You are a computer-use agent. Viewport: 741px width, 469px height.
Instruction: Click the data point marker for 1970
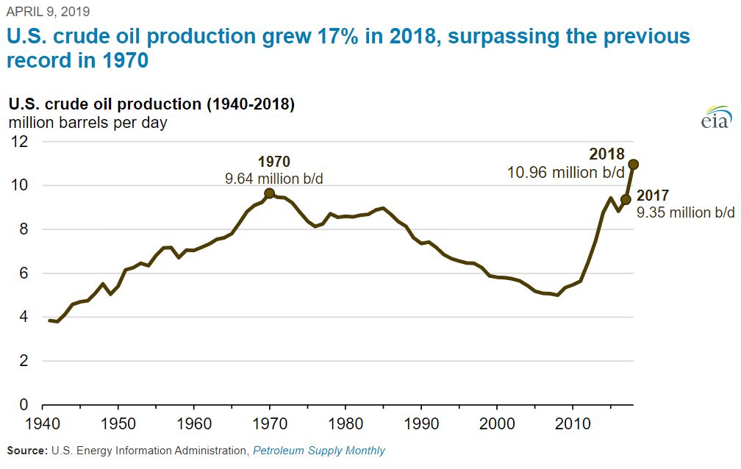pyautogui.click(x=270, y=193)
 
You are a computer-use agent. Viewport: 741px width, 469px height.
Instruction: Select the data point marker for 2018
pyautogui.click(x=633, y=164)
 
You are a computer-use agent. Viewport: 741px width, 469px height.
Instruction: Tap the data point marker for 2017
pyautogui.click(x=626, y=199)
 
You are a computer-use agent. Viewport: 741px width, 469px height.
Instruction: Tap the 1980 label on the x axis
pyautogui.click(x=345, y=424)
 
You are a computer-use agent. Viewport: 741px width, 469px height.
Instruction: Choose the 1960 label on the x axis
pyautogui.click(x=193, y=424)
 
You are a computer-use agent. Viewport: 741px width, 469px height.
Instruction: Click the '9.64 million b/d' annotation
pyautogui.click(x=274, y=179)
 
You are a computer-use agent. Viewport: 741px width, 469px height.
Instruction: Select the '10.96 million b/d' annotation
pyautogui.click(x=566, y=172)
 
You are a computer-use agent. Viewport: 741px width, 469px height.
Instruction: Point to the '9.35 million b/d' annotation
pyautogui.click(x=685, y=212)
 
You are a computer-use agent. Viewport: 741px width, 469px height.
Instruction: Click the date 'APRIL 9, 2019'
pyautogui.click(x=49, y=12)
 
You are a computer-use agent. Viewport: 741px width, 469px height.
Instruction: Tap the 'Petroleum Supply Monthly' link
pyautogui.click(x=319, y=450)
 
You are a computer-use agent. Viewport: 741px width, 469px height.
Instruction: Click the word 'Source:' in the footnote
pyautogui.click(x=26, y=450)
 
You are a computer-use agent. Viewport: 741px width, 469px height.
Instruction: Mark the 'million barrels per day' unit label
pyautogui.click(x=87, y=123)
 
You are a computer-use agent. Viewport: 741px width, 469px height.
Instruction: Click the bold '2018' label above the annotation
pyautogui.click(x=606, y=154)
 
